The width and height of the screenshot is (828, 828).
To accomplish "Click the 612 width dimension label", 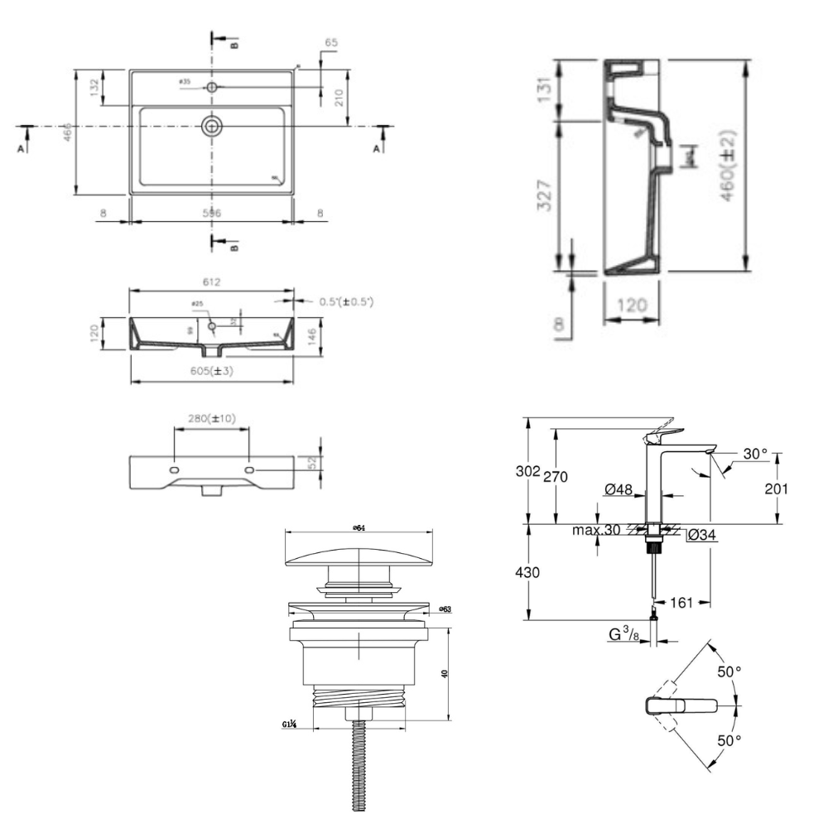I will coord(211,282).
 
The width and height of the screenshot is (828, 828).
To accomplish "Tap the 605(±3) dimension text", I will coord(210,371).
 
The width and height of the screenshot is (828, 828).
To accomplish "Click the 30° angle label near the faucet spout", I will coord(754,454).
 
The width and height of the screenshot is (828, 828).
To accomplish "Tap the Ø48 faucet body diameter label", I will coord(619,490).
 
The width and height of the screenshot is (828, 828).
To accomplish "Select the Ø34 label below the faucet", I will coord(701,536).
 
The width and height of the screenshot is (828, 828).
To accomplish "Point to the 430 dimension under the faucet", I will coord(528,572).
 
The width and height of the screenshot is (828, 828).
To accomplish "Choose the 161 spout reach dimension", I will coord(681,602).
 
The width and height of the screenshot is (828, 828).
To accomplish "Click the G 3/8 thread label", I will coord(623,636).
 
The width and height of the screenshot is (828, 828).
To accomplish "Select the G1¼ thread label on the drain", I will coord(290,725).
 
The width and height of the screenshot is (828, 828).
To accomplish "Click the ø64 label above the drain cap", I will coord(359,527).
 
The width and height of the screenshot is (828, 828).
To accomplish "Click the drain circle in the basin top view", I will coord(212,126).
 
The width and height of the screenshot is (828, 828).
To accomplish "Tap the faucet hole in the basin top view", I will coord(212,86).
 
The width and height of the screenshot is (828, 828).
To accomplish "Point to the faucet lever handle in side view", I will coord(667,432).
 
